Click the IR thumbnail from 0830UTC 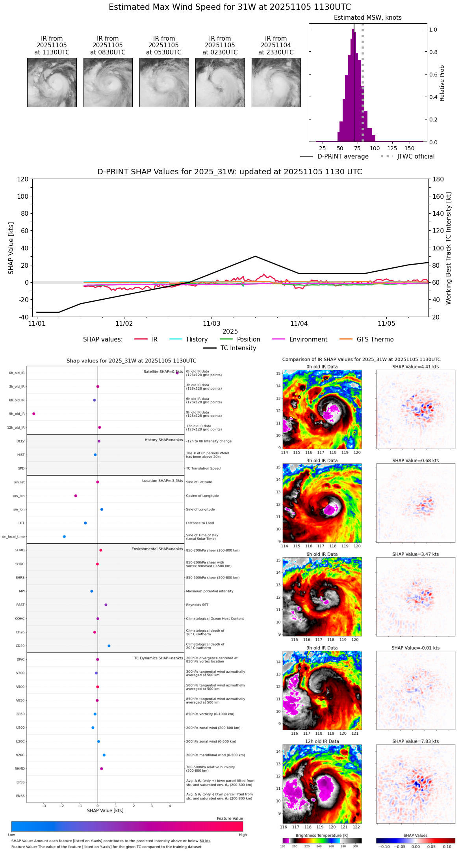click(108, 82)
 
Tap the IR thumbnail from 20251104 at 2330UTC click(276, 82)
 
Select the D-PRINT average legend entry click(343, 157)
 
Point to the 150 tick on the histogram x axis click(410, 148)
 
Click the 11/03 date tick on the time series click(211, 324)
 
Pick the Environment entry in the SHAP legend click(308, 340)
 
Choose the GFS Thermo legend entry click(375, 340)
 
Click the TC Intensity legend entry click(238, 348)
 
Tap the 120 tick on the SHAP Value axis click(23, 179)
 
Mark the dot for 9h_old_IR click(34, 414)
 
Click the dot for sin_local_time click(64, 536)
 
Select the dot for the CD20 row click(109, 646)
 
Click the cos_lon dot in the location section click(76, 496)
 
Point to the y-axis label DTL click(21, 523)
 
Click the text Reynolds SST click(197, 605)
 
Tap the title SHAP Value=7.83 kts click(415, 741)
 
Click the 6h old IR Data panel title click(322, 554)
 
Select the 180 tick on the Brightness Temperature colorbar click(283, 846)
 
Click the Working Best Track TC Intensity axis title click(448, 248)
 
